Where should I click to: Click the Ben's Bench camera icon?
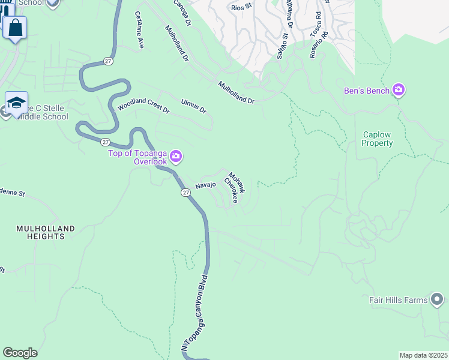pos(399,91)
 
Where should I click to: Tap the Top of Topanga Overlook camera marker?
pos(176,157)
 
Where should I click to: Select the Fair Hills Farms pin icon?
pos(437,299)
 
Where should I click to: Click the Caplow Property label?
pos(378,139)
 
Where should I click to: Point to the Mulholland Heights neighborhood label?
pos(46,233)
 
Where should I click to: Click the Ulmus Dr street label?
pos(194,106)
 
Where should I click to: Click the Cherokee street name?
pos(231,190)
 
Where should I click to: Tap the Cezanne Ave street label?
pos(140,30)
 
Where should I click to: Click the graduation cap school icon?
pos(16,101)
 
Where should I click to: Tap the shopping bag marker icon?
pos(15,28)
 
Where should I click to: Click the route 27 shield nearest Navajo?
pos(185,192)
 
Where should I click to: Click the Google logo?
pos(20,353)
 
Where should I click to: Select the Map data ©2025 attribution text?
pos(423,355)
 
